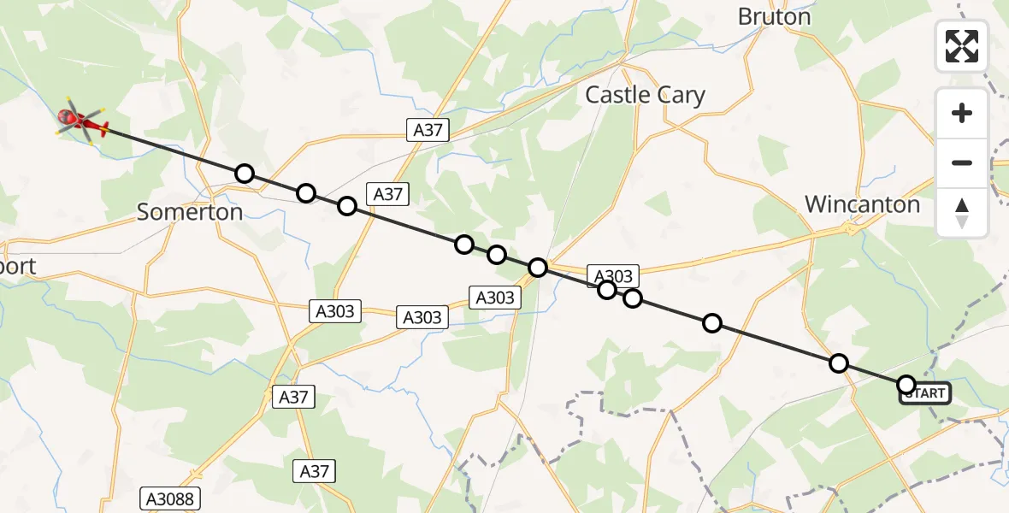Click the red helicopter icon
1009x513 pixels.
click(x=82, y=124)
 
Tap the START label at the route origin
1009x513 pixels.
click(x=924, y=393)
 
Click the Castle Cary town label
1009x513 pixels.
click(x=645, y=95)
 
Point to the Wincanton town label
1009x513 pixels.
click(x=862, y=204)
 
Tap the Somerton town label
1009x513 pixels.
click(x=190, y=212)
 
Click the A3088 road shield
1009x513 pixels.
click(x=169, y=499)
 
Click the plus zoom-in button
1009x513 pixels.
click(x=962, y=113)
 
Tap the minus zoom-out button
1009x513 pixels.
click(x=962, y=162)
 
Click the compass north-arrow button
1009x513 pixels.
click(x=962, y=212)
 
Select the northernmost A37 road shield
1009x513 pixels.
click(x=427, y=129)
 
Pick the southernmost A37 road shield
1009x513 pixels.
click(x=315, y=470)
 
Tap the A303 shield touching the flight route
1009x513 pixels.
click(x=613, y=275)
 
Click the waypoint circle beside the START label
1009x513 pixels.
click(x=906, y=385)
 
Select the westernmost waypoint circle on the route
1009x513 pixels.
click(x=245, y=174)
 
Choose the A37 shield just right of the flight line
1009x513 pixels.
click(x=387, y=194)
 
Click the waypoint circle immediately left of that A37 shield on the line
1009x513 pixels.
click(x=346, y=205)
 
